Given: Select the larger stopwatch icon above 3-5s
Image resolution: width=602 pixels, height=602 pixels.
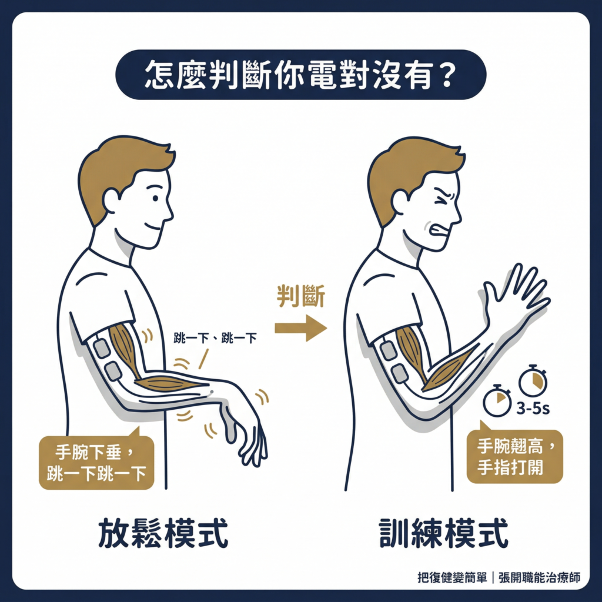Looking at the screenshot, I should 533,380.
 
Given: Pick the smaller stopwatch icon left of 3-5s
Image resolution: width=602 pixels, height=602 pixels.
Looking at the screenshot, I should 497,401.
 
